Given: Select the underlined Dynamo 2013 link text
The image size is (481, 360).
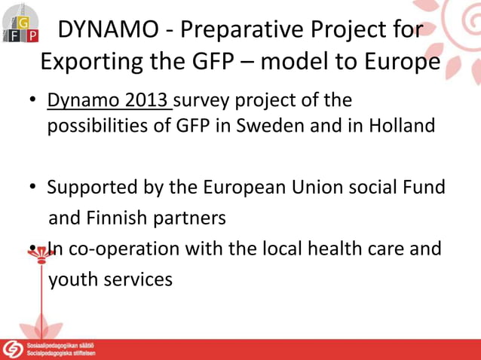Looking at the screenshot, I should (x=110, y=100).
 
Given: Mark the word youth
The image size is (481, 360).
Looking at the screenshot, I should (x=71, y=279).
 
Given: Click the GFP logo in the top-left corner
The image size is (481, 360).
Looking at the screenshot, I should (x=20, y=23).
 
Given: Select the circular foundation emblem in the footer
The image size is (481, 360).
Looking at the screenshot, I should (x=12, y=349).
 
